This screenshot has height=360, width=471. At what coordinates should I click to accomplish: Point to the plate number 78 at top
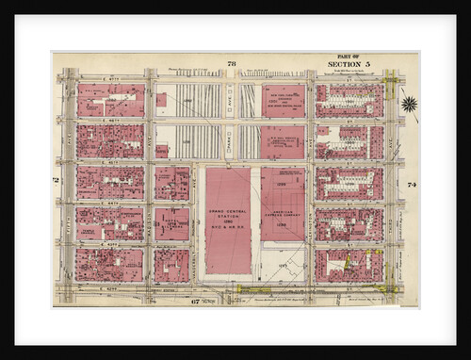[x=231, y=63]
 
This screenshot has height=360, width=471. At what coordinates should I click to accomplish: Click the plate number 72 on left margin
[x=57, y=179]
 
